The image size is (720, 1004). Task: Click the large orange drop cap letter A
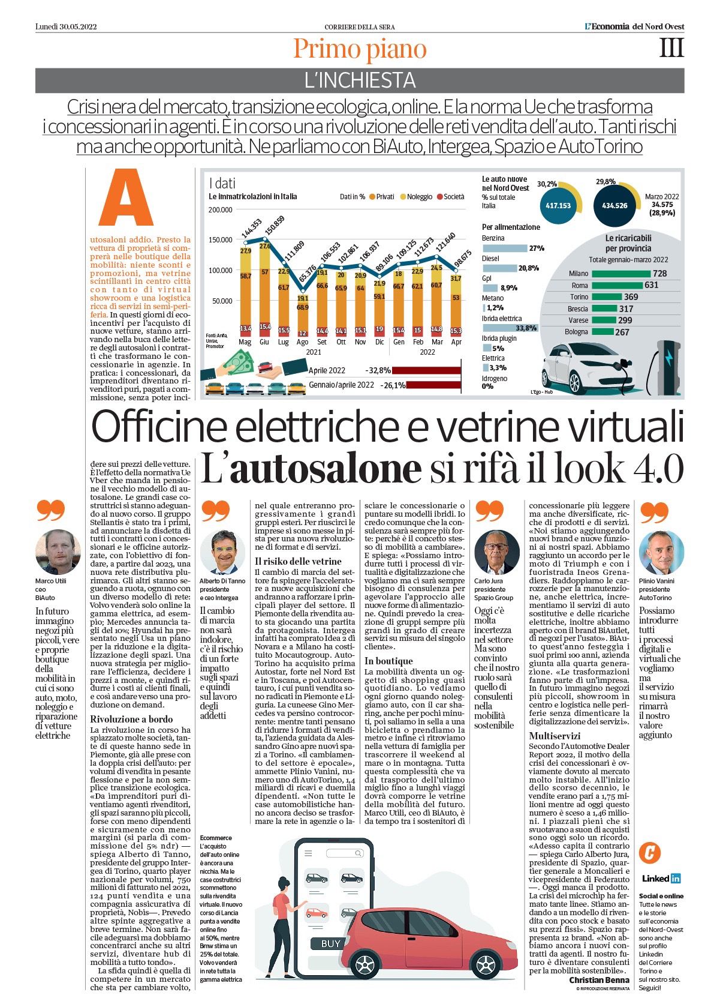pos(126,198)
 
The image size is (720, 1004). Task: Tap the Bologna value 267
pos(622,332)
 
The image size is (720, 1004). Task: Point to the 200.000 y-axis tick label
pos(220,209)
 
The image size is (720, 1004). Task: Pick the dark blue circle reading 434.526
pos(614,205)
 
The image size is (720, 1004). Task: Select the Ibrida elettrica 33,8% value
pos(527,328)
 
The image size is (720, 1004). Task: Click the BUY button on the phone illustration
pos(330,943)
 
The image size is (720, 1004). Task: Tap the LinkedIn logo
pos(661,878)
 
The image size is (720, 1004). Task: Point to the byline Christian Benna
pos(599,980)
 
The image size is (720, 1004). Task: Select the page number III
pos(671,47)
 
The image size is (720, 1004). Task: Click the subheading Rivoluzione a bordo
pos(131,719)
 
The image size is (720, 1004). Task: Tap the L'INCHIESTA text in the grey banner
pos(360,80)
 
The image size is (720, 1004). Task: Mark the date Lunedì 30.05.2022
pos(66,27)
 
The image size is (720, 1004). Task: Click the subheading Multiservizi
pos(555,736)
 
